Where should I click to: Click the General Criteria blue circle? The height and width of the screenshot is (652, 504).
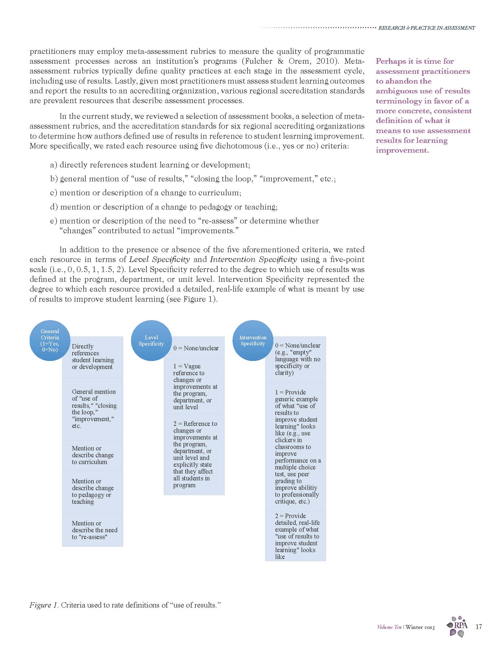pyautogui.click(x=50, y=340)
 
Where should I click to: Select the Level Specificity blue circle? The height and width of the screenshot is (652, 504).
pyautogui.click(x=151, y=340)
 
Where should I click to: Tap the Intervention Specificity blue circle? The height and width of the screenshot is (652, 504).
pyautogui.click(x=253, y=340)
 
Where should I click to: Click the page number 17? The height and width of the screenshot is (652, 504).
pyautogui.click(x=479, y=626)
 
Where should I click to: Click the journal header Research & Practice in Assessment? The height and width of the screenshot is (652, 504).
pyautogui.click(x=426, y=28)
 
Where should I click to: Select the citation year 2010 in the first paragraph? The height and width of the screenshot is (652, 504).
pyautogui.click(x=328, y=61)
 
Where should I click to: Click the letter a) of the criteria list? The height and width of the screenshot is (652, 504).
pyautogui.click(x=53, y=165)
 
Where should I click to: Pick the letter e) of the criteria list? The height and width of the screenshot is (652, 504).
pyautogui.click(x=53, y=221)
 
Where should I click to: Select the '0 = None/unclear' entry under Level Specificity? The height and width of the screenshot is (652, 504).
pyautogui.click(x=196, y=348)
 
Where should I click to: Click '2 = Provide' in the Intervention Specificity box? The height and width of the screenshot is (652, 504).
pyautogui.click(x=290, y=516)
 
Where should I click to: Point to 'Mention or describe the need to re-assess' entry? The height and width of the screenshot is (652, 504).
pyautogui.click(x=94, y=530)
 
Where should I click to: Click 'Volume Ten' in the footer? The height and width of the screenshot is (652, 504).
pyautogui.click(x=389, y=627)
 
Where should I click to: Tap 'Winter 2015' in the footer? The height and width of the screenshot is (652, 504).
pyautogui.click(x=420, y=627)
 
